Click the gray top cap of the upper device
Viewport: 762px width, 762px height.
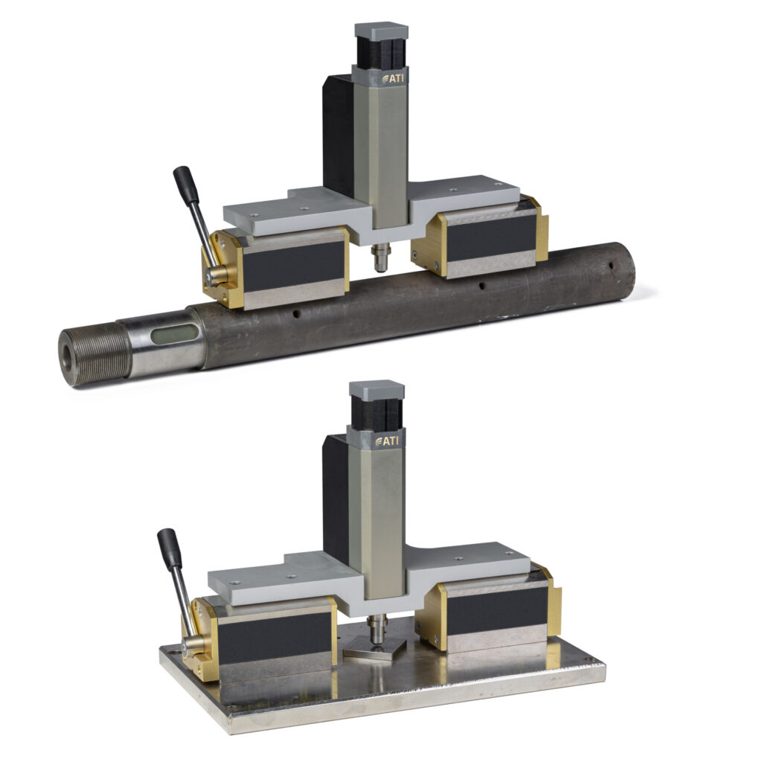pyautogui.click(x=381, y=31)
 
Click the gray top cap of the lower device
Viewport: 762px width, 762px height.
pyautogui.click(x=377, y=390)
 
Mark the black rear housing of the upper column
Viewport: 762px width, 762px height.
pyautogui.click(x=338, y=134)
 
